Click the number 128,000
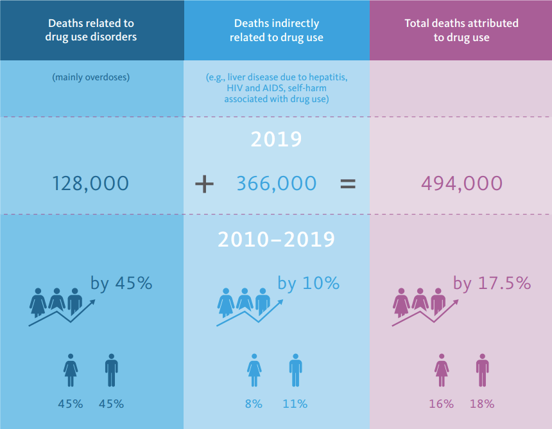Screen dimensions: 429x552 tap(91, 184)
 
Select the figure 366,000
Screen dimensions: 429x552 tap(277, 184)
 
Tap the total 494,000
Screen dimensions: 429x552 tap(461, 184)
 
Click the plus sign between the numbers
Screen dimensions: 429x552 tap(204, 184)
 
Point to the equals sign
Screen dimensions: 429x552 tap(347, 184)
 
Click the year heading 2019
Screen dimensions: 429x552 tap(277, 139)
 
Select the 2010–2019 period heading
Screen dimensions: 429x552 tap(277, 240)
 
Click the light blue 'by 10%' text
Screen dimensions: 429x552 tap(308, 283)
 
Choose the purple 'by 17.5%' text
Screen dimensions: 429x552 tap(492, 283)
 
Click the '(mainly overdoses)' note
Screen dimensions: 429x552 tap(91, 78)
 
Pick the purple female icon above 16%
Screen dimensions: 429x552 tap(442, 371)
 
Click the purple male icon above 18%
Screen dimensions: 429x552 tap(482, 371)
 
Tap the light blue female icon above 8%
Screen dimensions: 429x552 tap(254, 371)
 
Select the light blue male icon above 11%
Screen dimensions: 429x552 tap(295, 371)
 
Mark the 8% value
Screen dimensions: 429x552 tap(254, 404)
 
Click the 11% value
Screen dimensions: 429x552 tap(295, 404)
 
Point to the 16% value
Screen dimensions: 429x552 tap(442, 404)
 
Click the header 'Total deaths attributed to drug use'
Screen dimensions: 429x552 tap(461, 30)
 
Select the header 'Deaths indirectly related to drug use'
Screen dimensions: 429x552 tap(277, 30)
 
